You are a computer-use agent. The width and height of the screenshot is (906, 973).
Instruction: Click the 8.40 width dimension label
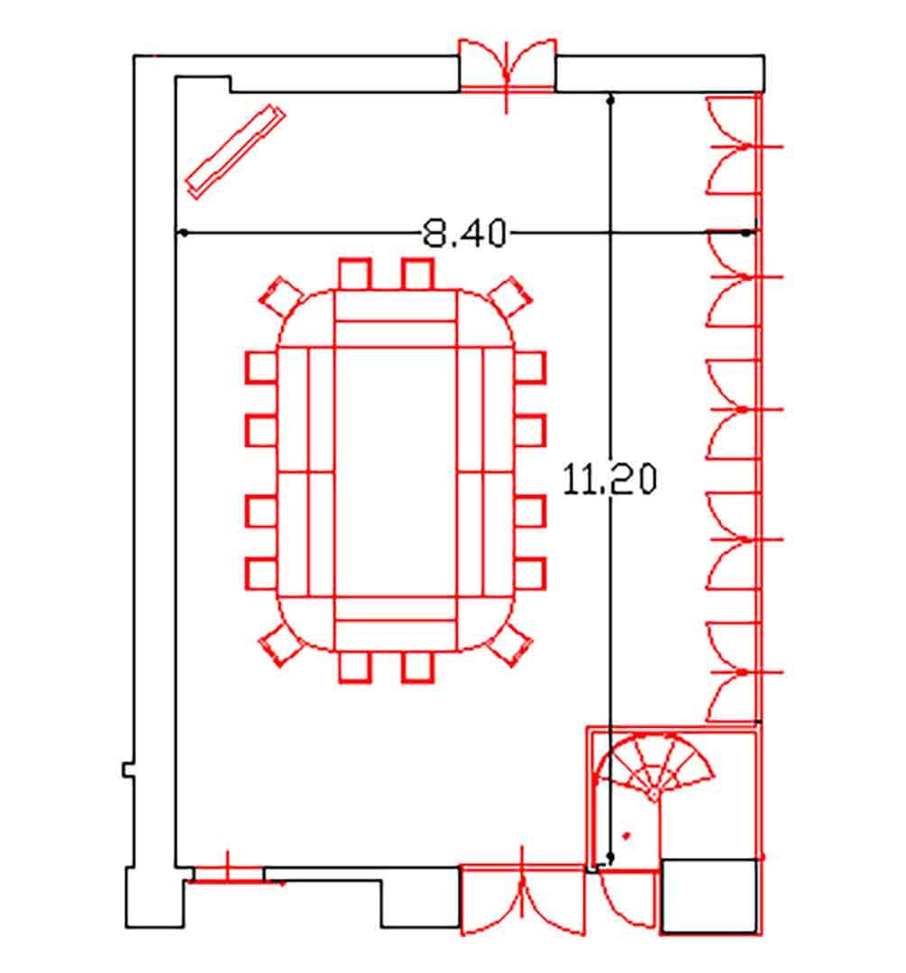464,234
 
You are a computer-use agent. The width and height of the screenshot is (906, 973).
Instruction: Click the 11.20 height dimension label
609,479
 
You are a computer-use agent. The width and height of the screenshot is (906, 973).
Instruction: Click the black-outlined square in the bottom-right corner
709,896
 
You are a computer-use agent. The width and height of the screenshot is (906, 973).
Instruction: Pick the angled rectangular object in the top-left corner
235,152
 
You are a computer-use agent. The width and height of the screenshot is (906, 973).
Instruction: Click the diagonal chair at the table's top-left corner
280,297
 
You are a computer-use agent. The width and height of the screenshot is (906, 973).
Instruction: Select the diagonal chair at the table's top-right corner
510,297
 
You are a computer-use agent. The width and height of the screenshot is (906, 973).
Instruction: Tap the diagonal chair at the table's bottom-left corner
280,645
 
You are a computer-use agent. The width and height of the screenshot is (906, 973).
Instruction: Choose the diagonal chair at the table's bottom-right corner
510,645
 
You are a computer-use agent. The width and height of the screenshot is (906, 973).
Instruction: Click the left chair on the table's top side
355,274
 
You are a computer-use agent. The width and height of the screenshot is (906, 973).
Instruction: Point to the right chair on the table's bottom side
417,667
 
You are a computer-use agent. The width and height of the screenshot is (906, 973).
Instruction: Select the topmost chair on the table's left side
261,368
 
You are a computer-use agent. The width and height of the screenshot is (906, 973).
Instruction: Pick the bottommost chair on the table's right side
530,574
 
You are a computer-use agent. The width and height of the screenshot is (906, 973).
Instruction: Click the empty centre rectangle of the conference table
396,472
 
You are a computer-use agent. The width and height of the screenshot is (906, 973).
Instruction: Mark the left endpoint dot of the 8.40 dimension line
184,232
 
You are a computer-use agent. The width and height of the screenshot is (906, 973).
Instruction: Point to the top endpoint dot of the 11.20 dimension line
610,99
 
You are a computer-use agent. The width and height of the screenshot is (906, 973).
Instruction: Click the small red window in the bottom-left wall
228,874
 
